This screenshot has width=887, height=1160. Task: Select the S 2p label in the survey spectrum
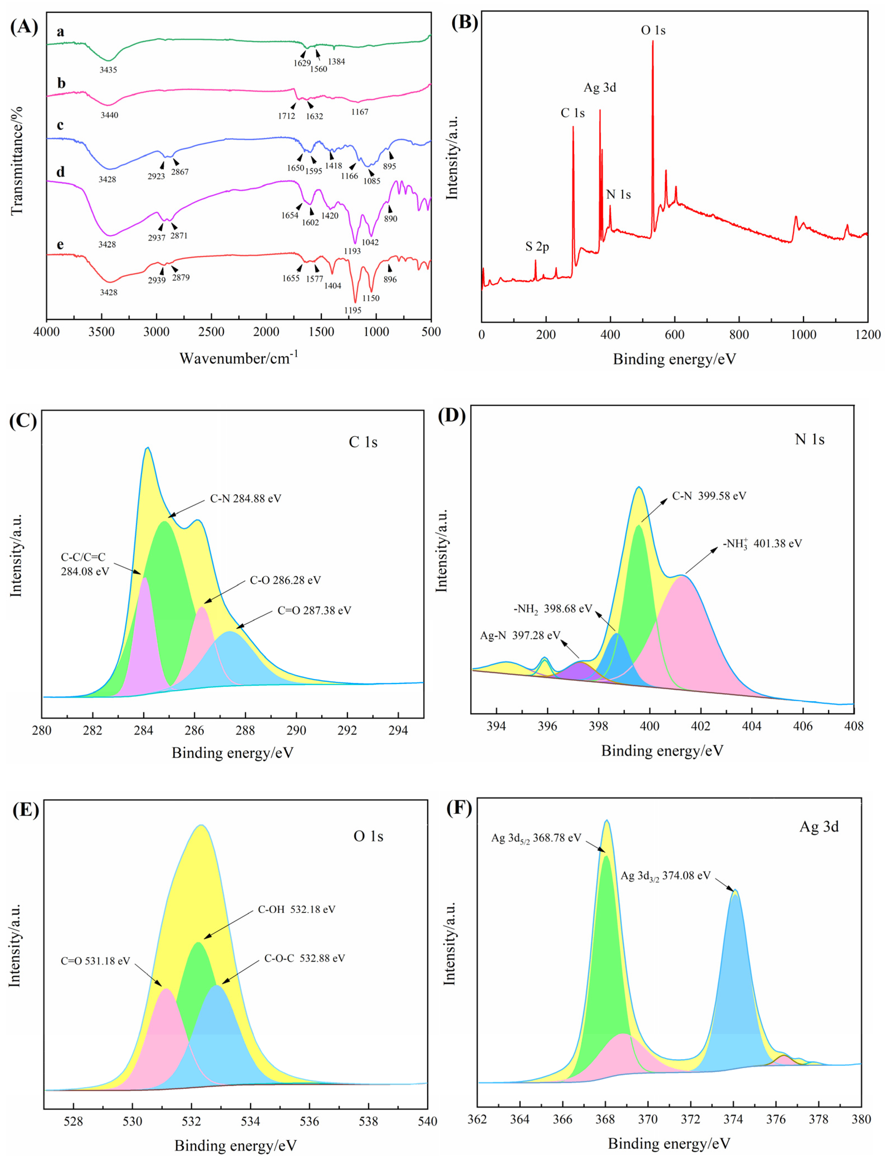[x=537, y=246]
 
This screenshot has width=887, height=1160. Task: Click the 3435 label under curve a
[x=108, y=70]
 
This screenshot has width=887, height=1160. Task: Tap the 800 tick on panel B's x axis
[x=739, y=335]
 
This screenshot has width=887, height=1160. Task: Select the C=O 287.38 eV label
[x=314, y=610]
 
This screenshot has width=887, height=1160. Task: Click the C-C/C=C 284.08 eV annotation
[x=85, y=564]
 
